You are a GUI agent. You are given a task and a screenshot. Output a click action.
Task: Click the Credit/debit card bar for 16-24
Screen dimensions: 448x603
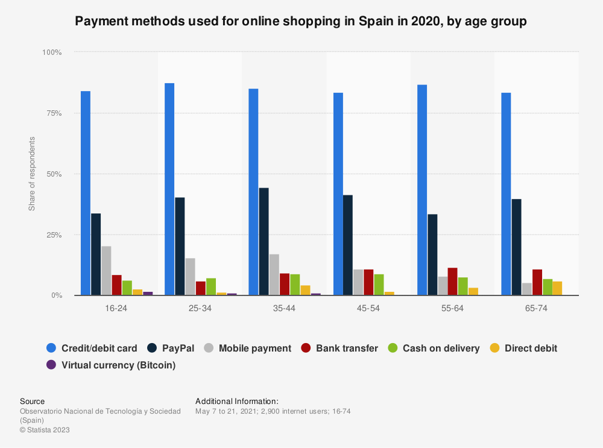tap(86, 193)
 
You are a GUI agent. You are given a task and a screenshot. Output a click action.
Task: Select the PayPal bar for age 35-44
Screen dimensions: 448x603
tap(264, 241)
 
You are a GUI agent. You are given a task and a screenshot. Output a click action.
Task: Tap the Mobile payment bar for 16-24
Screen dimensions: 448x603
tap(106, 271)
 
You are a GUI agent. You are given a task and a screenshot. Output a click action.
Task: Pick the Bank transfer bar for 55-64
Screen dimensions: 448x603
tap(452, 282)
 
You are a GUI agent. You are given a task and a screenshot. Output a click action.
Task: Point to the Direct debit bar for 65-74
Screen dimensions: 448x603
tap(557, 288)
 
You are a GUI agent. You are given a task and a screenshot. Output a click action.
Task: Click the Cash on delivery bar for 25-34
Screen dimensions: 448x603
tap(211, 286)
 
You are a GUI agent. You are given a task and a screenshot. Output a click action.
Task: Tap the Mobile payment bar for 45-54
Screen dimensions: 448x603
tap(358, 282)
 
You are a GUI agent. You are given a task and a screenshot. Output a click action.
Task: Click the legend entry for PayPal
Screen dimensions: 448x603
tap(177, 348)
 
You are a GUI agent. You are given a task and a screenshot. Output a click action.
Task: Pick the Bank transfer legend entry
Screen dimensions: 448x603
tap(346, 348)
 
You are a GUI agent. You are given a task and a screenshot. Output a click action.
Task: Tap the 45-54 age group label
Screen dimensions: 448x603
tap(368, 308)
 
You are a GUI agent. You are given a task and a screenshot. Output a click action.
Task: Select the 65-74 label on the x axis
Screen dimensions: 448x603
tap(537, 308)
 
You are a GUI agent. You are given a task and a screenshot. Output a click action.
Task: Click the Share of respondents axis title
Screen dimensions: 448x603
tap(32, 174)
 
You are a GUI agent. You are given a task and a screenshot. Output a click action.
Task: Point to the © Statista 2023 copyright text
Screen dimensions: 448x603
tap(45, 430)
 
